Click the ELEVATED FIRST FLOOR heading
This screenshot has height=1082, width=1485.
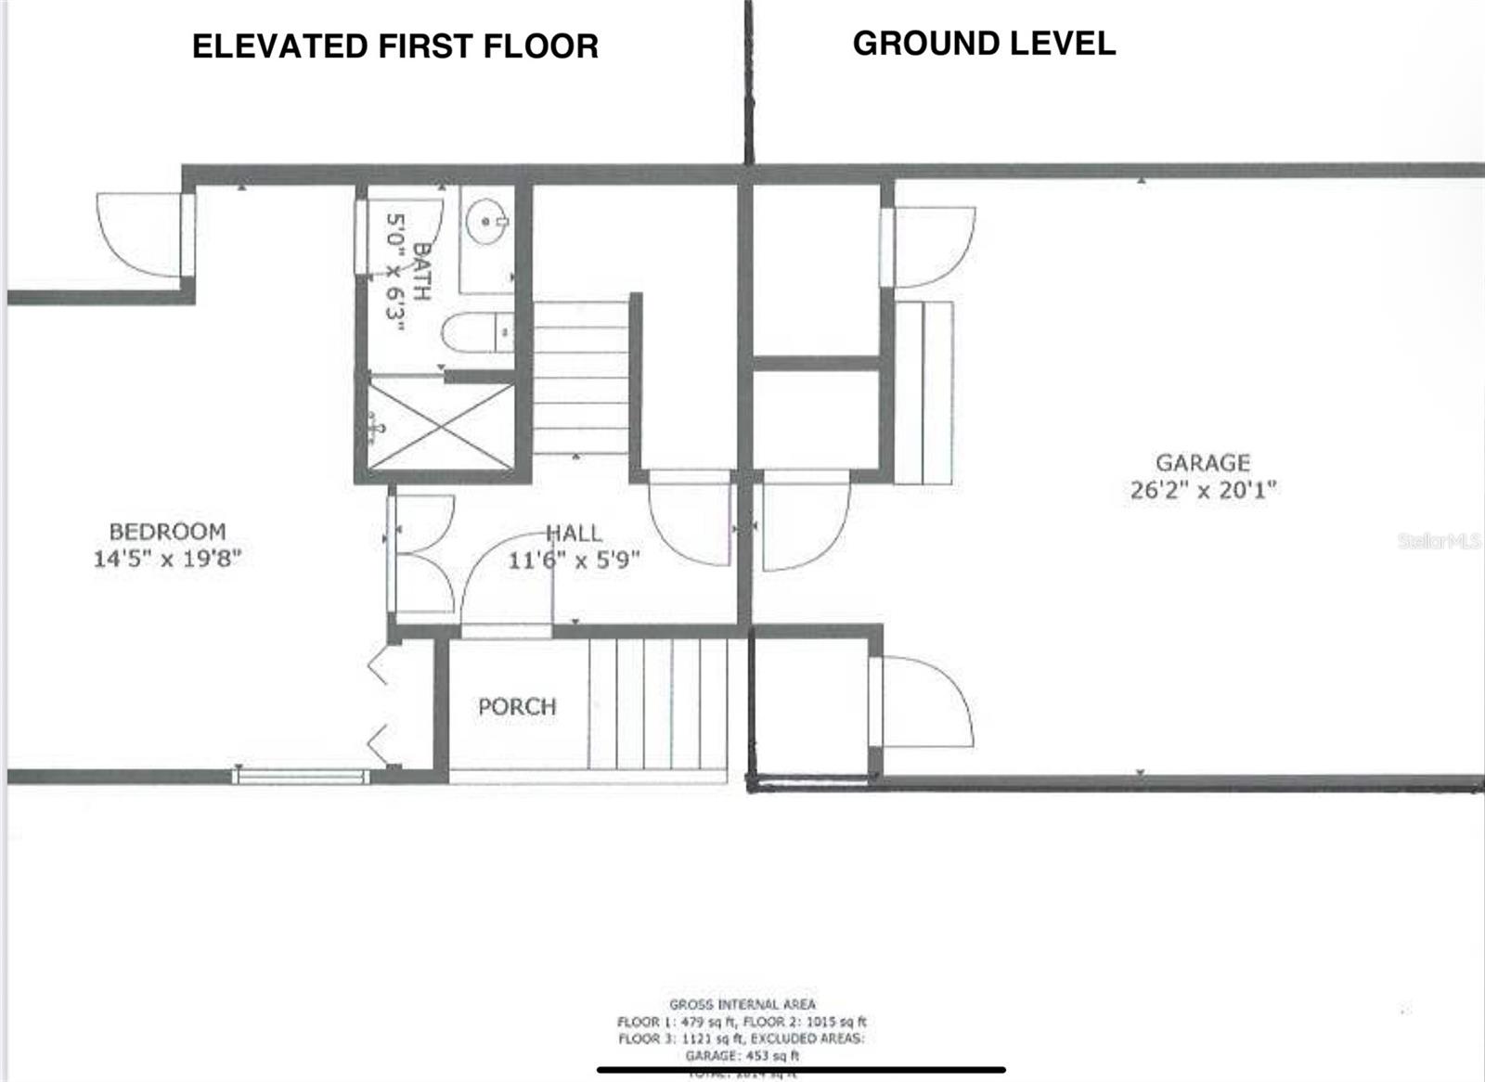point(395,46)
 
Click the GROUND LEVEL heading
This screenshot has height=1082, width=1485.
point(984,44)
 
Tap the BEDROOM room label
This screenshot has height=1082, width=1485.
point(167,532)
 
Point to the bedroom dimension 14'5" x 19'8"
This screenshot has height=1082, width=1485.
point(167,559)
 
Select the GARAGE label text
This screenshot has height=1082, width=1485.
point(1202,462)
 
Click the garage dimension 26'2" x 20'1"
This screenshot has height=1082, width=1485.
point(1203,490)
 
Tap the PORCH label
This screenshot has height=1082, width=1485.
point(517,707)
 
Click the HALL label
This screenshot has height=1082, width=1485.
point(574,534)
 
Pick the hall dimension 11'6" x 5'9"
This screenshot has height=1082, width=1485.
point(574,560)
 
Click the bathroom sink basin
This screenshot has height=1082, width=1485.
point(485,221)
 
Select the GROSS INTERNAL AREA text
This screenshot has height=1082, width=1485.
point(742,1004)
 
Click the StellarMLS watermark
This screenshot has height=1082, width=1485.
point(1439,541)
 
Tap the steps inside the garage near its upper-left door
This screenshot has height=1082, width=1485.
point(924,392)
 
